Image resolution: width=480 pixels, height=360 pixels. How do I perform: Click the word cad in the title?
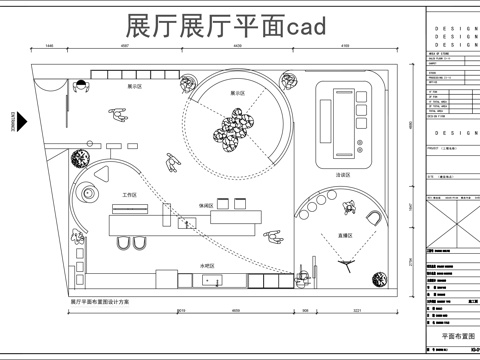[x=314, y=26]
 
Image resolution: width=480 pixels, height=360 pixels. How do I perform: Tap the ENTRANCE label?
[x=13, y=117]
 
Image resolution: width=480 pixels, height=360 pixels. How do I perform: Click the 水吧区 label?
[x=181, y=265]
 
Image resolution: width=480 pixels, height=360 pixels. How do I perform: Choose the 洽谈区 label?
[x=343, y=174]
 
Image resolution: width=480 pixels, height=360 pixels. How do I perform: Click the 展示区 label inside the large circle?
[x=238, y=91]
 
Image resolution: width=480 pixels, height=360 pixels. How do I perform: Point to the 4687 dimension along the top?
[x=126, y=46]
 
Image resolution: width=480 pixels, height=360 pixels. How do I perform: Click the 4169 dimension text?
[x=343, y=46]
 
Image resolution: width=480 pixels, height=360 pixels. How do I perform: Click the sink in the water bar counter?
[x=213, y=282]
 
